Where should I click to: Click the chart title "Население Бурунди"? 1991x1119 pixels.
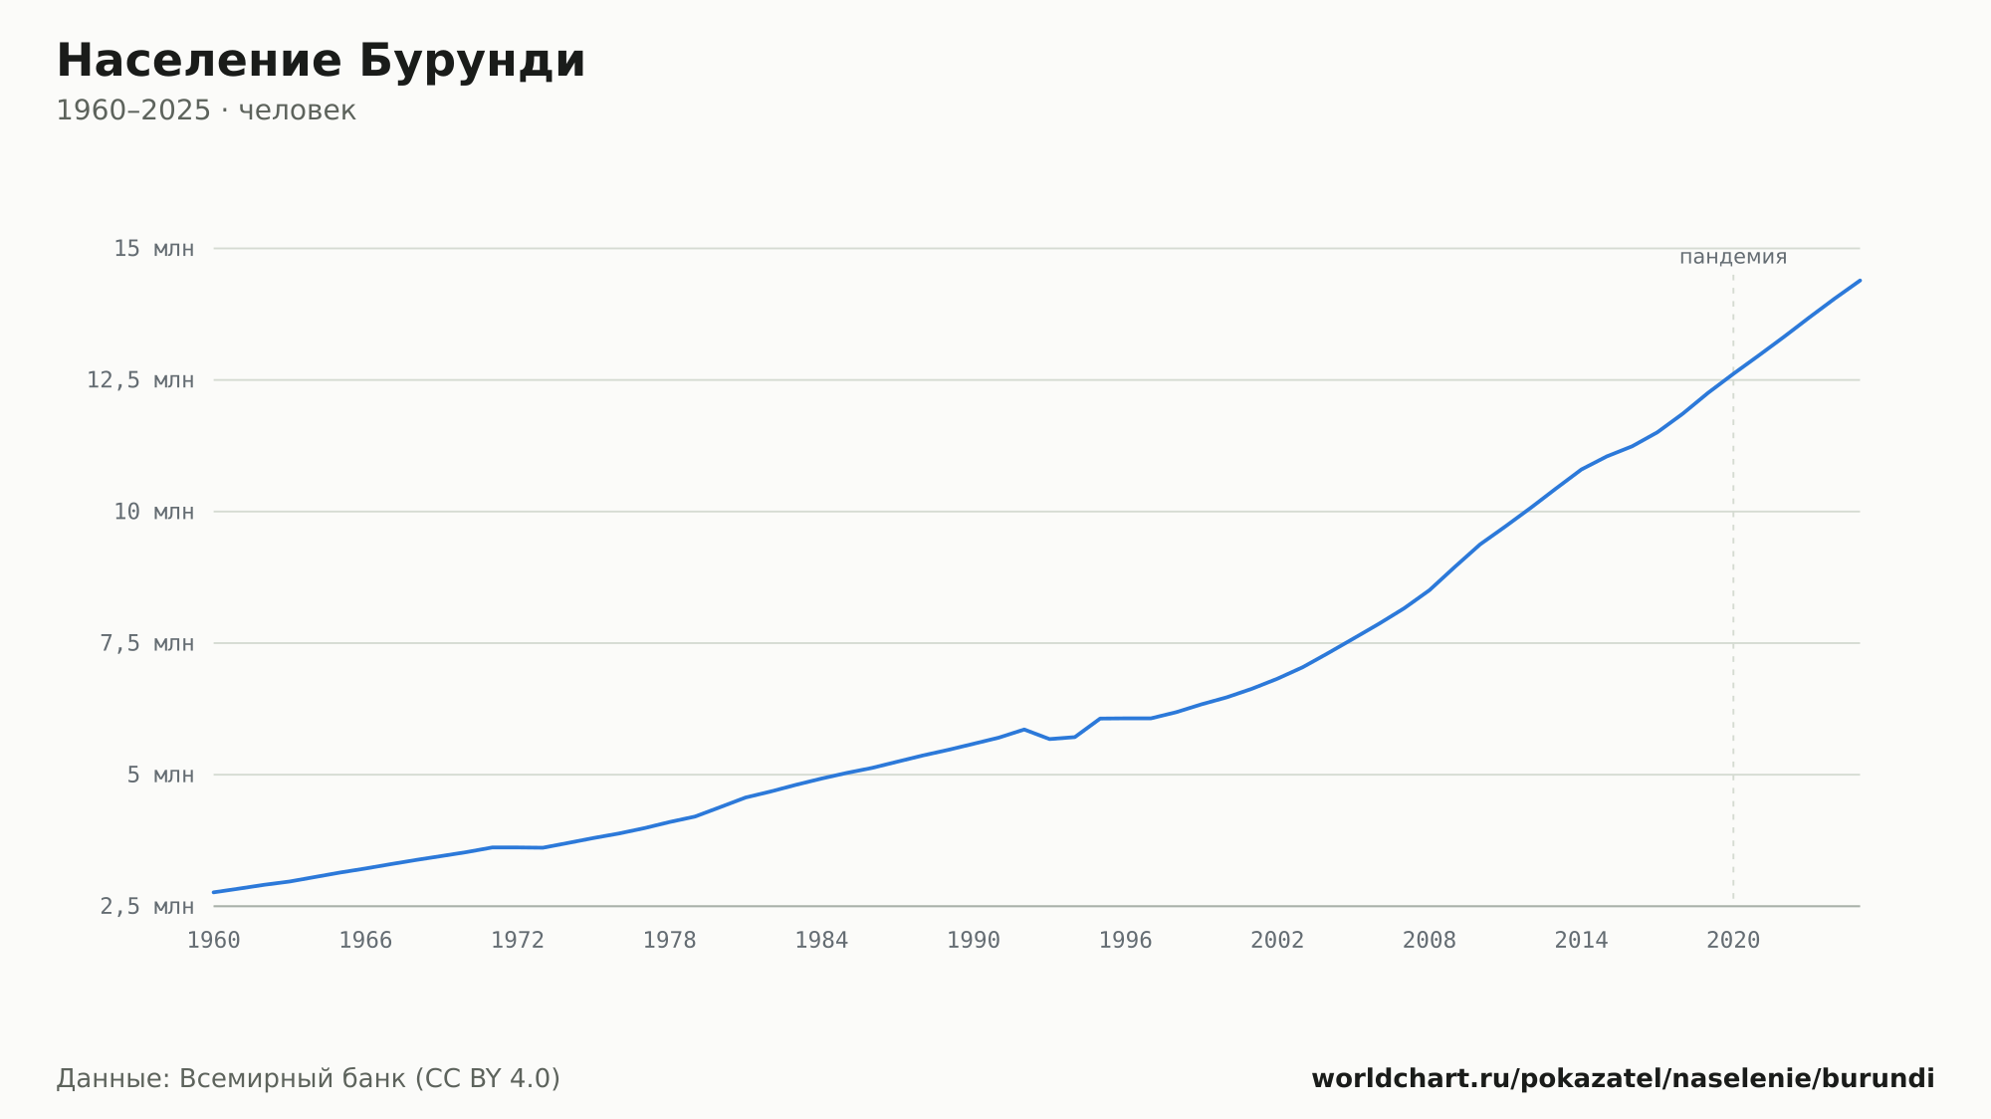pyautogui.click(x=321, y=62)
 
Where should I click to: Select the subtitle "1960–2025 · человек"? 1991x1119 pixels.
pyautogui.click(x=206, y=111)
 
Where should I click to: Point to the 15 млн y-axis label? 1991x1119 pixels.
pyautogui.click(x=154, y=249)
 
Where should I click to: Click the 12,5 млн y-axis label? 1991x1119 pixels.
pyautogui.click(x=140, y=380)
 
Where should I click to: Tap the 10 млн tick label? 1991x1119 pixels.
pyautogui.click(x=154, y=512)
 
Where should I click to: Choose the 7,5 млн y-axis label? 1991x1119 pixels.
pyautogui.click(x=147, y=643)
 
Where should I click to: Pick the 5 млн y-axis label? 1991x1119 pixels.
pyautogui.click(x=160, y=775)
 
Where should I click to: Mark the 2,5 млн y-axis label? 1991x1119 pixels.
pyautogui.click(x=147, y=906)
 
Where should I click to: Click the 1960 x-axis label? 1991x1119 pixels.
pyautogui.click(x=214, y=941)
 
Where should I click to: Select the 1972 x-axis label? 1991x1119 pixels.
pyautogui.click(x=518, y=941)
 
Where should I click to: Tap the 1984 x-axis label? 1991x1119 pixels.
pyautogui.click(x=821, y=941)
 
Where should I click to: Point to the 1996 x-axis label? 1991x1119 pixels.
pyautogui.click(x=1125, y=941)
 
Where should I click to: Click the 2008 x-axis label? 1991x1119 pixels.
pyautogui.click(x=1430, y=941)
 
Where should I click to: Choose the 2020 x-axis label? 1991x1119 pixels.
pyautogui.click(x=1733, y=941)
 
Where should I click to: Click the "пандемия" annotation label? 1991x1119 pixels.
pyautogui.click(x=1733, y=257)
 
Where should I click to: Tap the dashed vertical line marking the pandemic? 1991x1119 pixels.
pyautogui.click(x=1733, y=589)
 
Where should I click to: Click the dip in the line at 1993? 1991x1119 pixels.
pyautogui.click(x=1049, y=739)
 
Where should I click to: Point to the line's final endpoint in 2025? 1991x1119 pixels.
pyautogui.click(x=1860, y=281)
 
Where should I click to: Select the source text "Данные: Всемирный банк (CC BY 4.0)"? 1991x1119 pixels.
pyautogui.click(x=309, y=1079)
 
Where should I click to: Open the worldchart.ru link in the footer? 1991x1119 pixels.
pyautogui.click(x=1623, y=1079)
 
